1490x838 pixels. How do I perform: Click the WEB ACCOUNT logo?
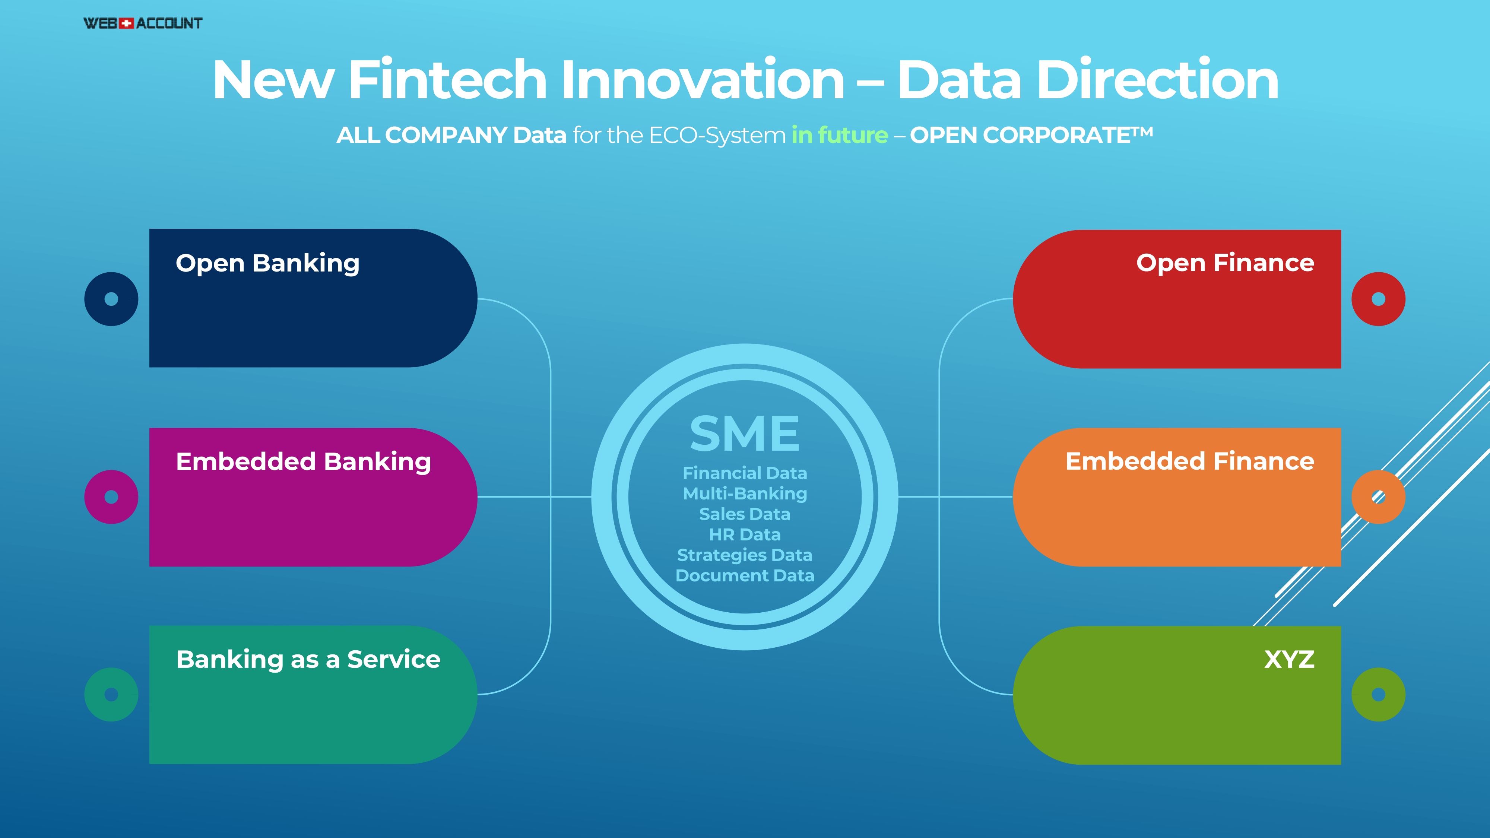[x=143, y=23]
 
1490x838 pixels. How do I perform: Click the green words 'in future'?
[x=839, y=135]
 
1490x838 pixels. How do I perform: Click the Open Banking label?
[x=267, y=264]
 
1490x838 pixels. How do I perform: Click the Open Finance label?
[x=1225, y=264]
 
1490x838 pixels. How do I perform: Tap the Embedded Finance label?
[x=1190, y=461]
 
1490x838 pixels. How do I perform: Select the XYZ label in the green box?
[x=1289, y=659]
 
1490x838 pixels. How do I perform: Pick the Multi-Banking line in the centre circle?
[x=745, y=494]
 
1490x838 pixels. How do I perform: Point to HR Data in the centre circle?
[x=745, y=534]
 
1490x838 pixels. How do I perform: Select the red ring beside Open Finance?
[x=1361, y=299]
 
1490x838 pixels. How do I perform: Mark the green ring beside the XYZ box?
[x=1361, y=695]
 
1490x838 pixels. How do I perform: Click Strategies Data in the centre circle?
[x=745, y=555]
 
